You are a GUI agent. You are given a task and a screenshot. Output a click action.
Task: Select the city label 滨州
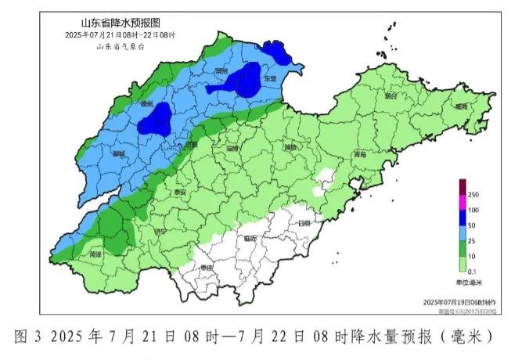pyautogui.click(x=220, y=71)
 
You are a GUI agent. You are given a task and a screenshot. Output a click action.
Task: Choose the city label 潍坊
pyautogui.click(x=291, y=147)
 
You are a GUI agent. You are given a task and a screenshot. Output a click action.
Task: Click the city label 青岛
pyautogui.click(x=359, y=155)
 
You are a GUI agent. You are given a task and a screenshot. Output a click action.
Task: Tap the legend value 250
pyautogui.click(x=473, y=194)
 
